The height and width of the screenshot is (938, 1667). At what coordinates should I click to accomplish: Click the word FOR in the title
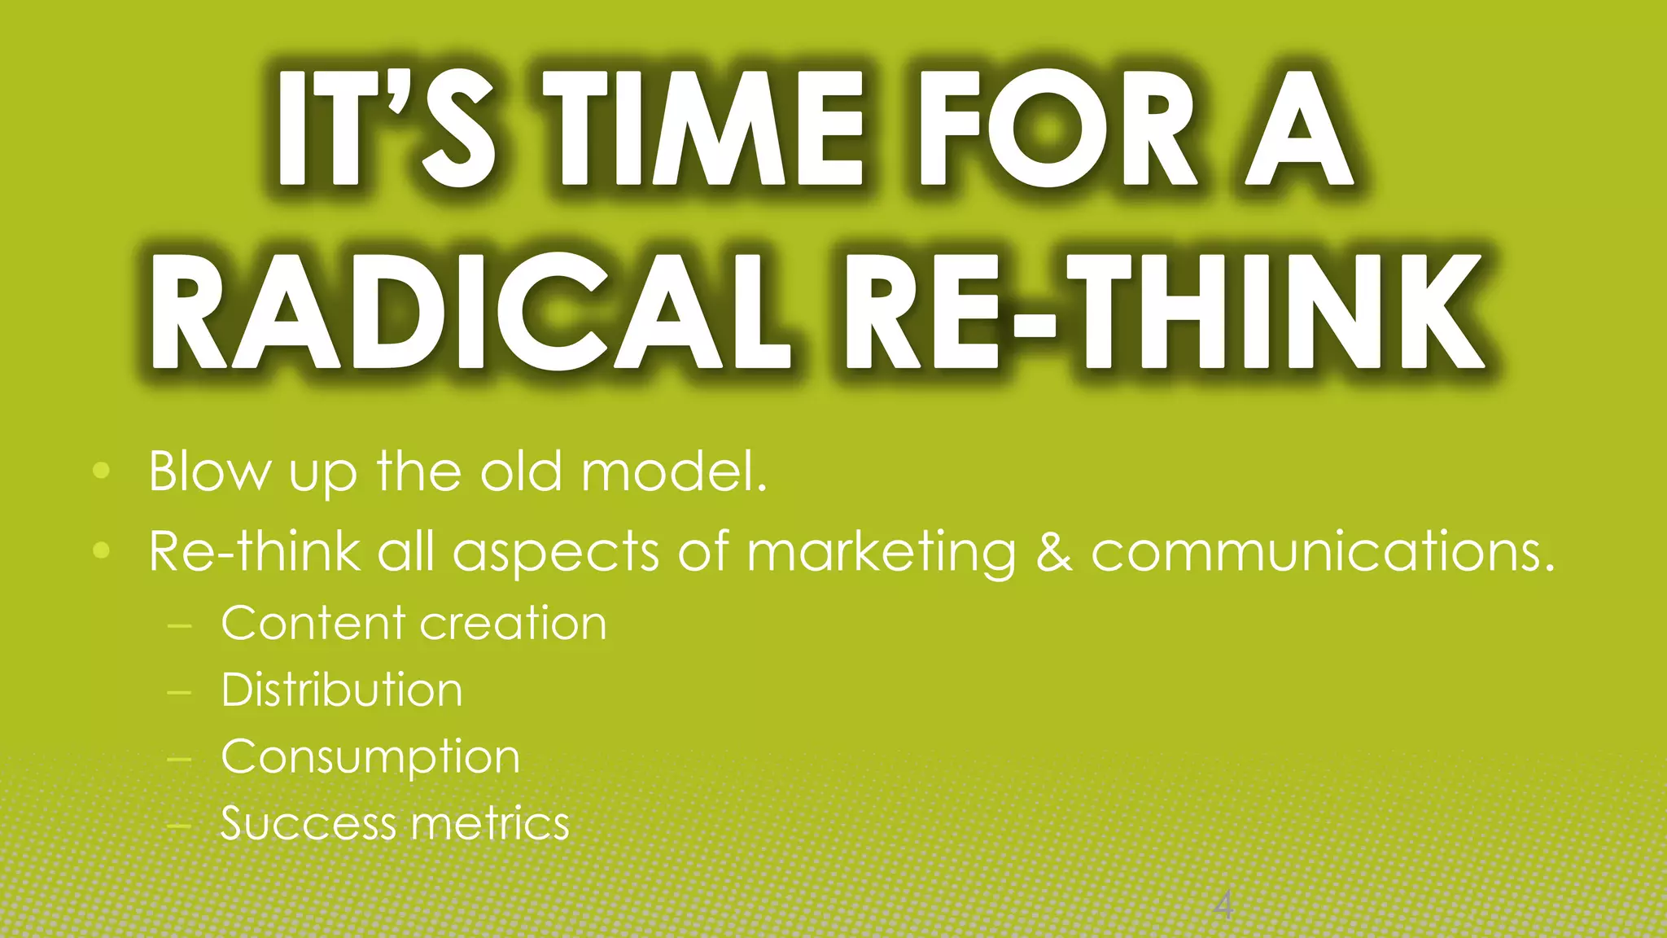pyautogui.click(x=1058, y=128)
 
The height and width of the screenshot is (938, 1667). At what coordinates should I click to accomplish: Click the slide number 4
pyautogui.click(x=1223, y=905)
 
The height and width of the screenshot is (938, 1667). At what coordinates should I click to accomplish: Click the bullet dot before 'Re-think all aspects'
pyautogui.click(x=101, y=550)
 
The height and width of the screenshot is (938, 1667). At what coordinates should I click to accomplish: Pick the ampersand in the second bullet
pyautogui.click(x=1054, y=551)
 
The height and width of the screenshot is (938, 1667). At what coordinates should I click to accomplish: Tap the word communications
pyautogui.click(x=1323, y=551)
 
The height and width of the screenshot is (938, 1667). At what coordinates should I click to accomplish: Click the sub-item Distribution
pyautogui.click(x=342, y=690)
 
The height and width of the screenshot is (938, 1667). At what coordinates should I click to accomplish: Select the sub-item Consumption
pyautogui.click(x=370, y=758)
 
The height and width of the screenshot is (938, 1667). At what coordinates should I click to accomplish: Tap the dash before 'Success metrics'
pyautogui.click(x=178, y=825)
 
